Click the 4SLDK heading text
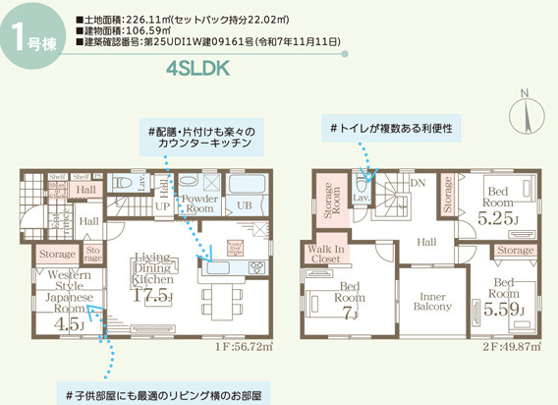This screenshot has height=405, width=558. (x=201, y=68)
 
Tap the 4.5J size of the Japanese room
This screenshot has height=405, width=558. (x=69, y=323)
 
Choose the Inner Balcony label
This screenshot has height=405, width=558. (x=433, y=301)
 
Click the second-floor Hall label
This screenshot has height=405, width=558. (x=426, y=241)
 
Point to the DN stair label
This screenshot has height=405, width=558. (x=417, y=183)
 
